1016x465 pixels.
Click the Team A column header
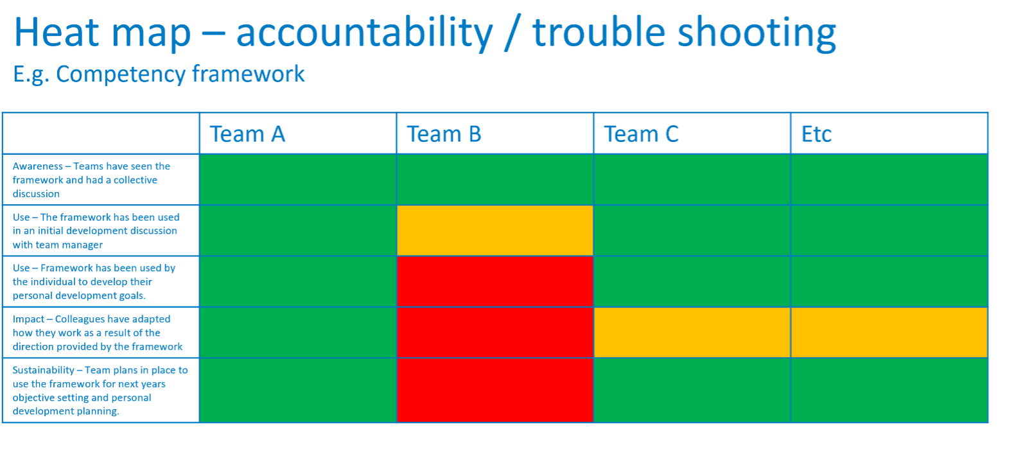click(x=247, y=134)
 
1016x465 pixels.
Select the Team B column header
click(x=444, y=134)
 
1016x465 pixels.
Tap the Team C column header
click(x=642, y=134)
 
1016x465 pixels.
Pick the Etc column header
click(x=816, y=134)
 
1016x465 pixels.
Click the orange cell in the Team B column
click(x=495, y=231)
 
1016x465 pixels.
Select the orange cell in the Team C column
click(x=692, y=333)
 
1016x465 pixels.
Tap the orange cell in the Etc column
click(x=889, y=333)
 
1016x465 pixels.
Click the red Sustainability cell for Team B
click(x=495, y=390)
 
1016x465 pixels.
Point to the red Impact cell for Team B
click(x=495, y=333)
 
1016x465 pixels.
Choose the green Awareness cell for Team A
click(x=298, y=180)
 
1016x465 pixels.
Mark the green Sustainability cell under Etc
click(x=889, y=390)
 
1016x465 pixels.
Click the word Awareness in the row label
click(x=38, y=166)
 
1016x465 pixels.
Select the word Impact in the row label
click(x=28, y=320)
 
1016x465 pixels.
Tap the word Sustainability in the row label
click(x=44, y=371)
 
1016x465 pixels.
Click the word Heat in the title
click(x=57, y=31)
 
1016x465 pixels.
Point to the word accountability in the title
click(x=364, y=33)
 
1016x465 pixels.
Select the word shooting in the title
click(x=757, y=33)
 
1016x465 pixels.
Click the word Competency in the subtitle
click(x=121, y=75)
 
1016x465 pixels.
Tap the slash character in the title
click(x=512, y=33)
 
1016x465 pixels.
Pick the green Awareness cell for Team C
click(x=692, y=180)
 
